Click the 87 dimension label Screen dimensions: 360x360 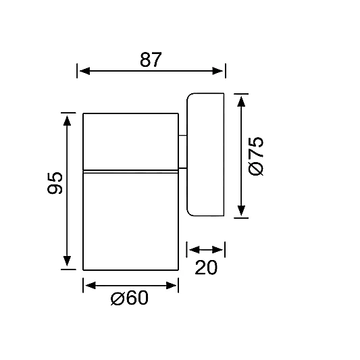151,59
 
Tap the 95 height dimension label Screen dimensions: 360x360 55,183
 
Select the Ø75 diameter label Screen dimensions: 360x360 256,156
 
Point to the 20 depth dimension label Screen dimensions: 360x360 206,267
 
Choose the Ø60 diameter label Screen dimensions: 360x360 130,298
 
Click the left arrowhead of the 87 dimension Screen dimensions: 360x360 84,71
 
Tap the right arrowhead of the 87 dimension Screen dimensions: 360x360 217,71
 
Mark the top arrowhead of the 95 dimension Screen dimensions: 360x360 67,120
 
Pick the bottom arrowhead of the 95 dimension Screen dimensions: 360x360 67,261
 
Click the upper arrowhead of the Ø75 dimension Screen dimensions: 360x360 241,101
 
